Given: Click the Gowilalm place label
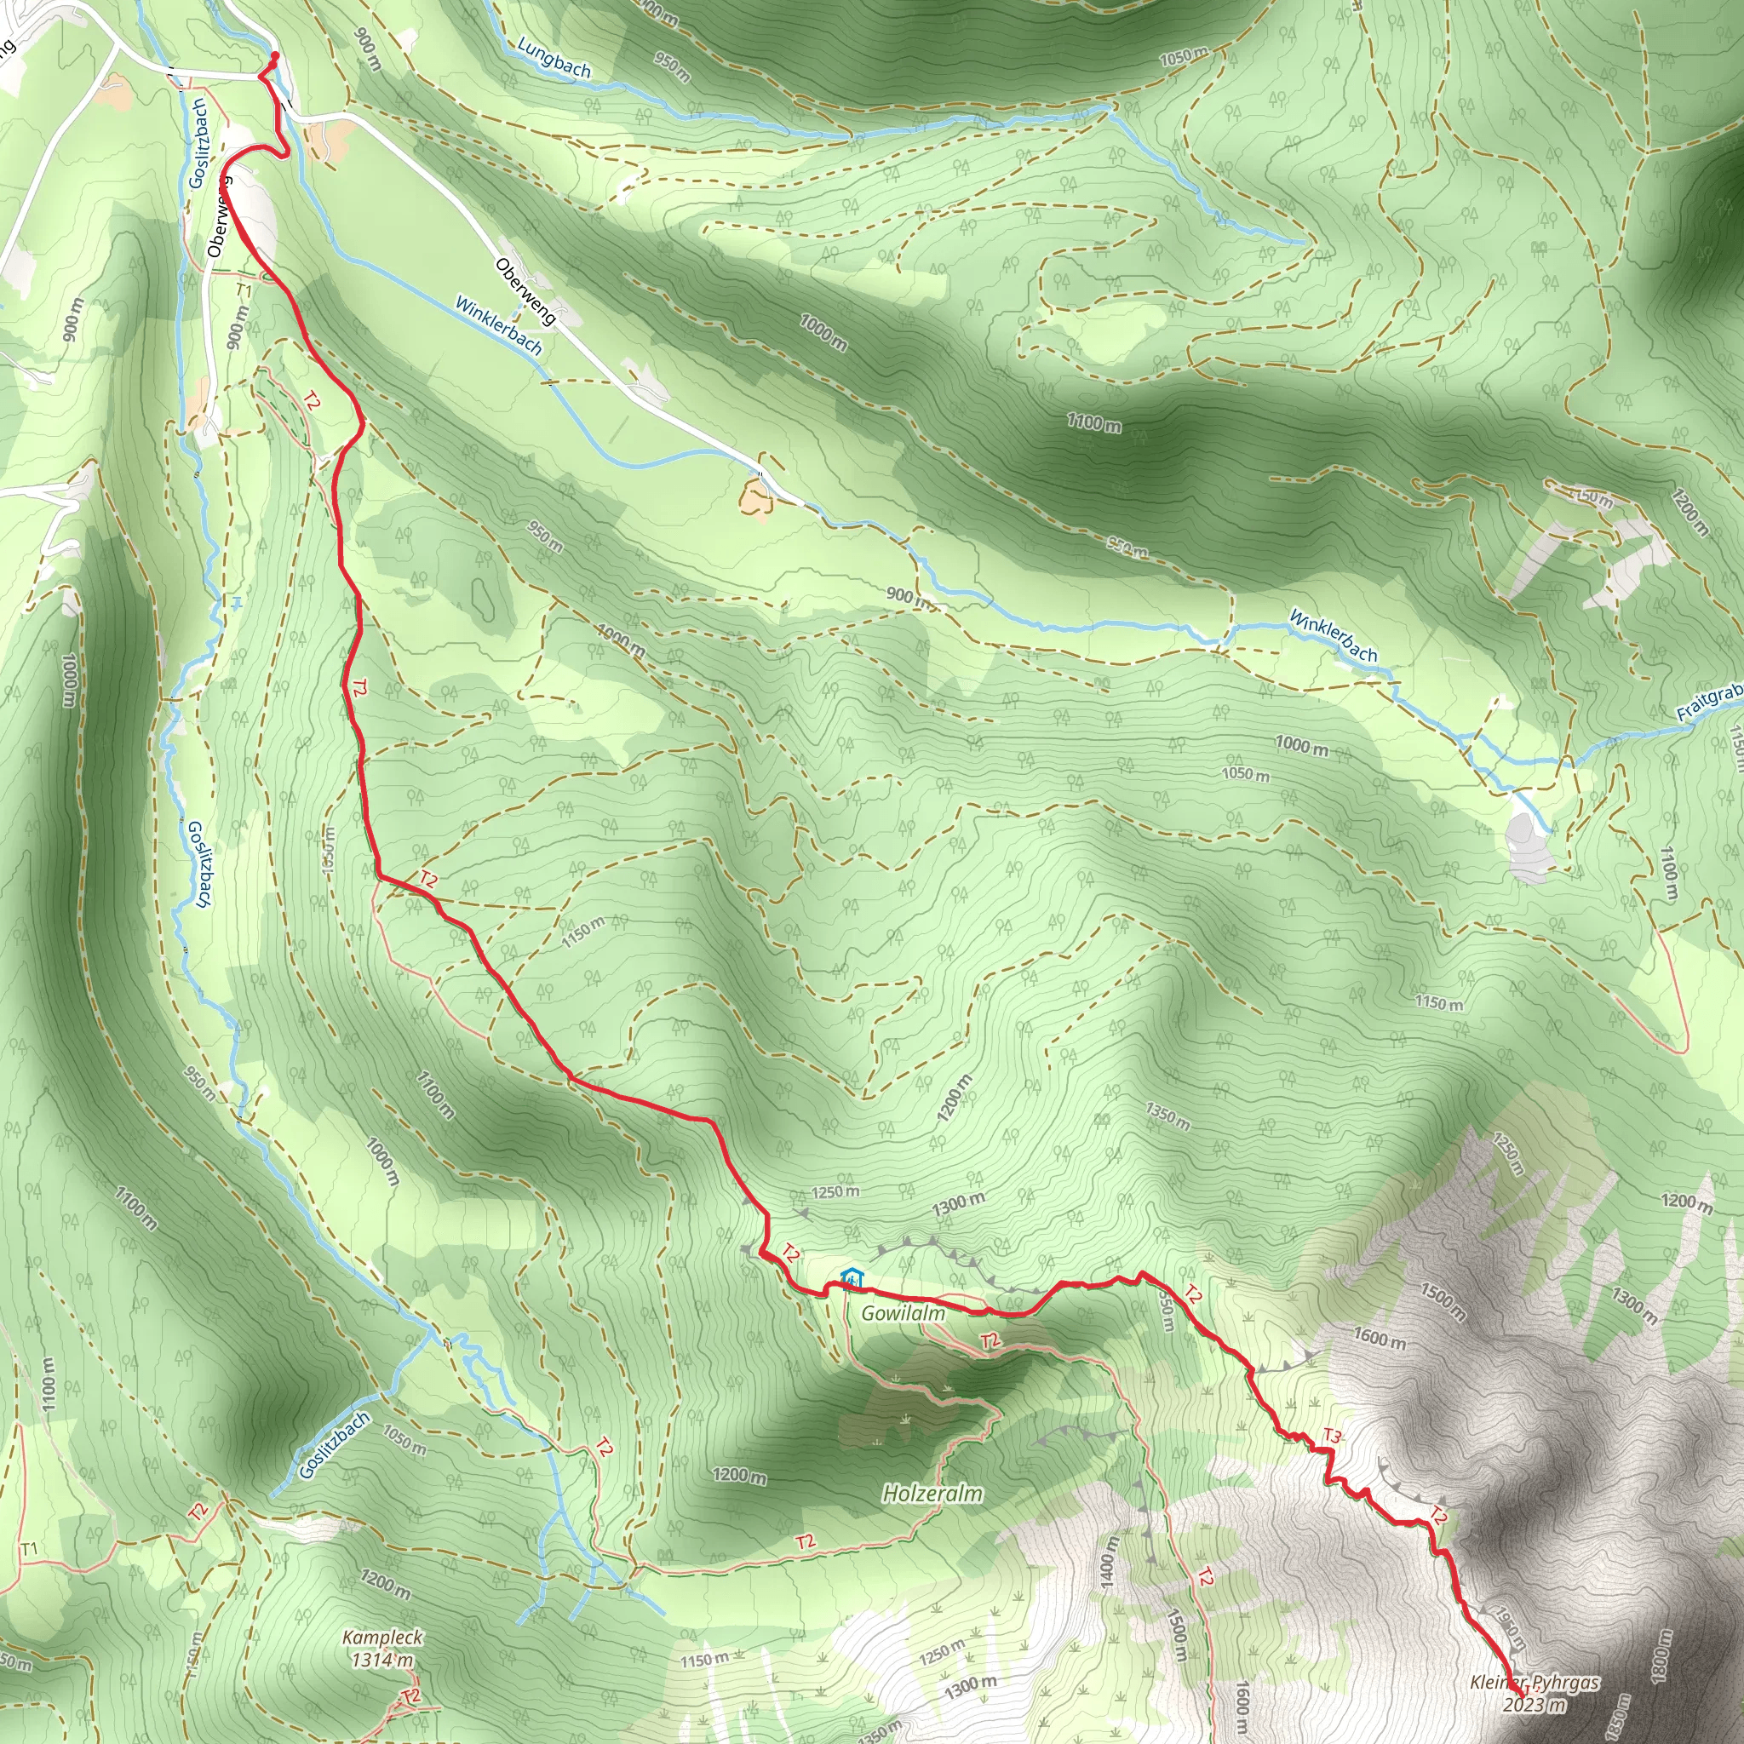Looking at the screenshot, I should [x=903, y=1313].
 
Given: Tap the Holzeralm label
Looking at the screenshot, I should [x=932, y=1494].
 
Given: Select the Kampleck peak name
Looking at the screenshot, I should [x=382, y=1638].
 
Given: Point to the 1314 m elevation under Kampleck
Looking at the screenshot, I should [x=381, y=1659].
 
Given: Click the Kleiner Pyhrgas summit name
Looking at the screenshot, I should [x=1535, y=1683].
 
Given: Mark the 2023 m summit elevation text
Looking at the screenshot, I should [x=1535, y=1704].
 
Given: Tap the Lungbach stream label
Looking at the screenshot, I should [x=554, y=58].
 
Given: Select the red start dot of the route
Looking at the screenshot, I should [x=274, y=56].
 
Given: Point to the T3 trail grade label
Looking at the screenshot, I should [x=1333, y=1435].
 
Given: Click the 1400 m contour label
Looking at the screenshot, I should [x=1110, y=1564].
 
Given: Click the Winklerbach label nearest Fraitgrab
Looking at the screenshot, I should [x=1334, y=635].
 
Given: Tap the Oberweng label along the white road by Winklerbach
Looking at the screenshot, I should [x=525, y=291].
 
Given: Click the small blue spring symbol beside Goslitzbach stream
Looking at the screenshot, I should [x=237, y=601].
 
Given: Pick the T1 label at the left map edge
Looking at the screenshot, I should [x=29, y=1549].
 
